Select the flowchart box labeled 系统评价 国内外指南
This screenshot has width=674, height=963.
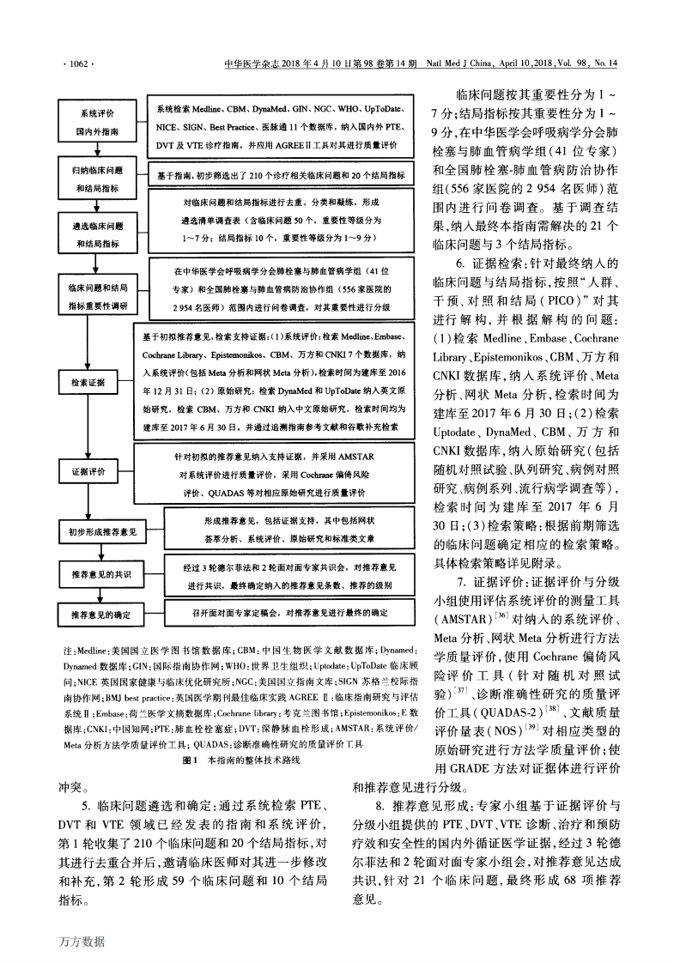96,123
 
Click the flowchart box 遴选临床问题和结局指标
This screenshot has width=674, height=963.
96,234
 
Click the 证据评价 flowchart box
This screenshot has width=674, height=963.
96,473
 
